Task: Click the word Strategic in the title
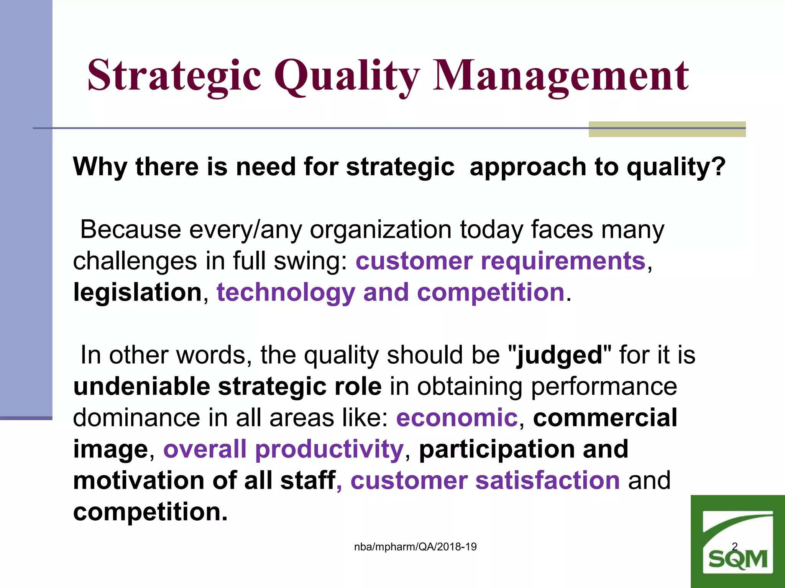(174, 75)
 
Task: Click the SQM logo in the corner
(737, 544)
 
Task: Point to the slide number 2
(734, 546)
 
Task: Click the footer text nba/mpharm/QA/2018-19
(415, 547)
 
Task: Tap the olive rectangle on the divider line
(667, 129)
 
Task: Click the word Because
(130, 230)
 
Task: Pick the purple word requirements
(563, 261)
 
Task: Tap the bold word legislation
(138, 293)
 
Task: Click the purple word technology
(286, 293)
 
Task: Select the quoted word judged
(559, 356)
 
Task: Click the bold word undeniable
(141, 387)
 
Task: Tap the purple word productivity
(329, 449)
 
